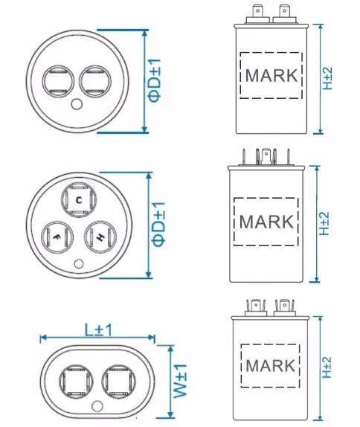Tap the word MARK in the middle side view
coord(266,222)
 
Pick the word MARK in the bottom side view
coord(270,366)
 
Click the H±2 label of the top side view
coord(327,77)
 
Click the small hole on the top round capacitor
coord(75,105)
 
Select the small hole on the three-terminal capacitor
coord(79,262)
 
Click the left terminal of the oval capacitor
coord(77,382)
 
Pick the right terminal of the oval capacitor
coord(118,382)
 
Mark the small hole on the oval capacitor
coord(97,405)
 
